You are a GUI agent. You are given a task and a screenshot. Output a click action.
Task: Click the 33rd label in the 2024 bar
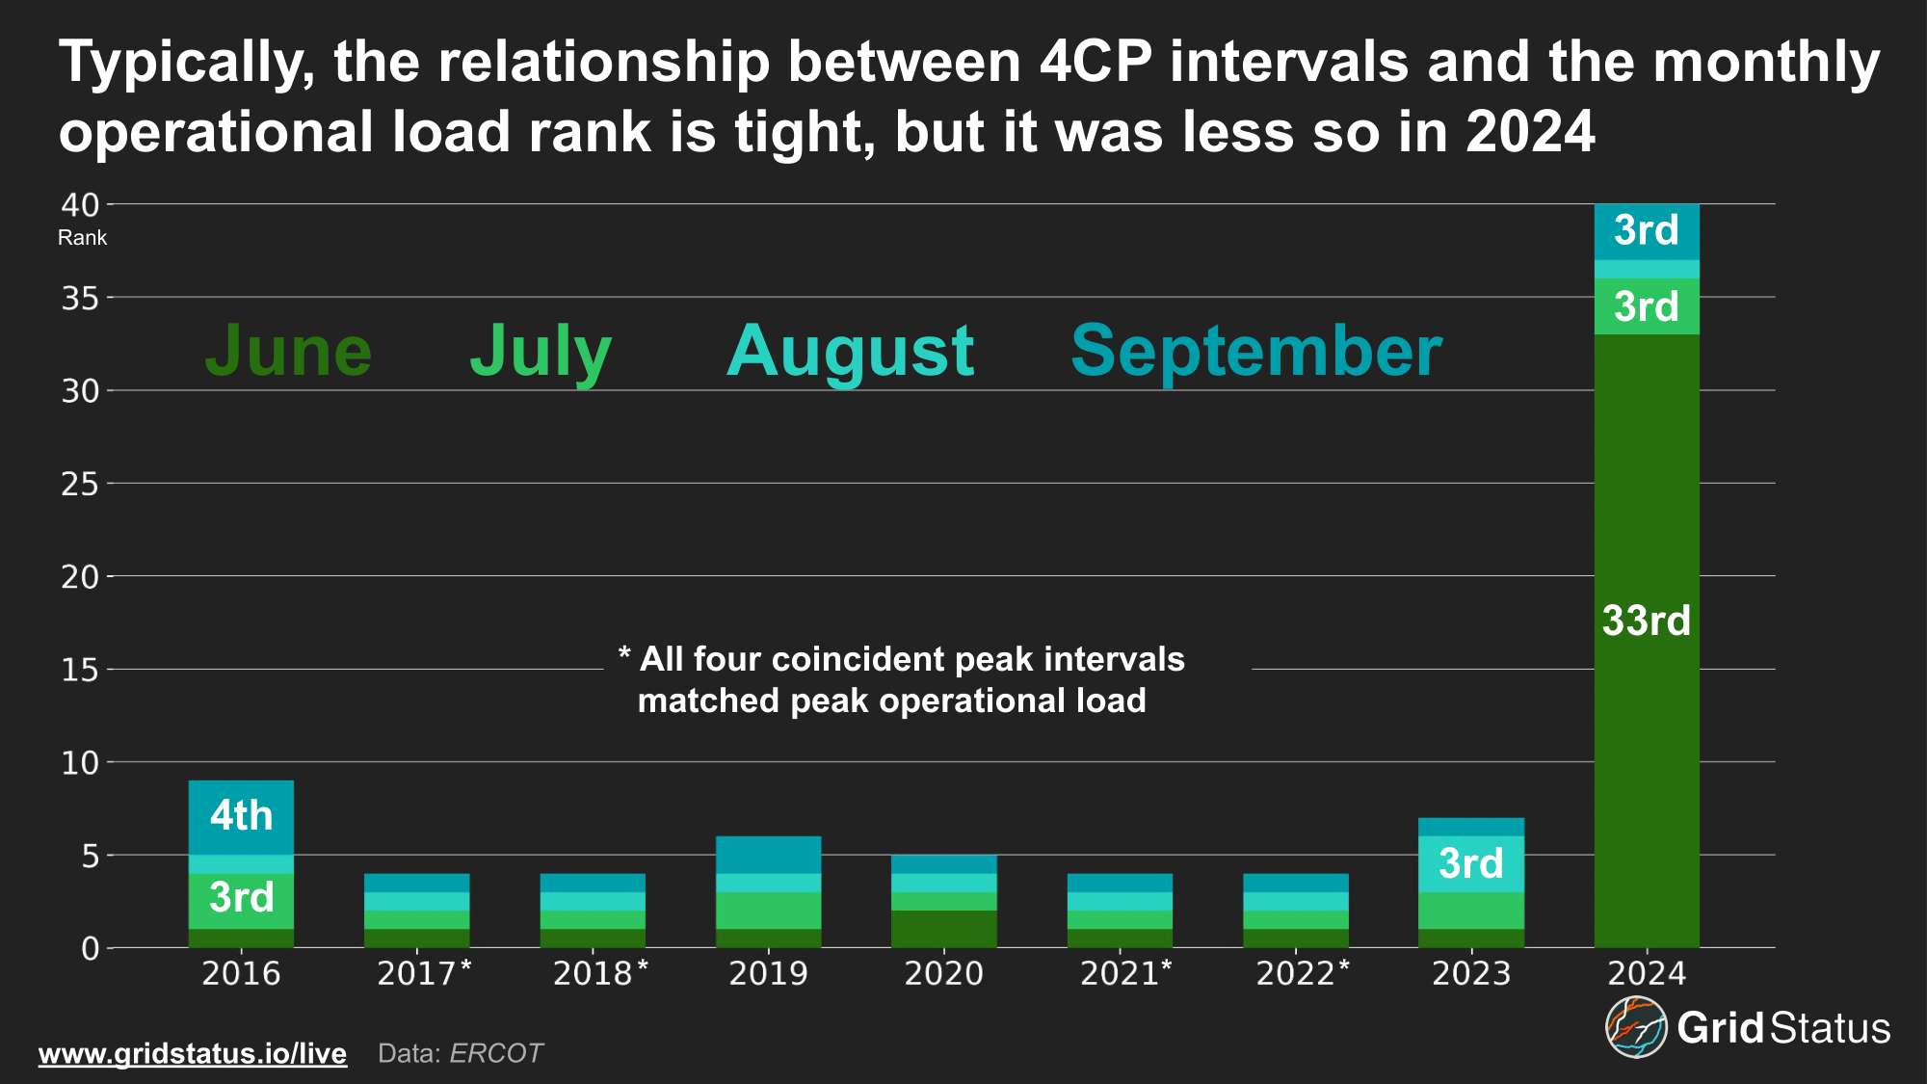tap(1646, 621)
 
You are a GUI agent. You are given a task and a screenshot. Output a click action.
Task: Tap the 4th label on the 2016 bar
tap(241, 816)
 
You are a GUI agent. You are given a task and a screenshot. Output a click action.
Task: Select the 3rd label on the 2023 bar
tap(1470, 863)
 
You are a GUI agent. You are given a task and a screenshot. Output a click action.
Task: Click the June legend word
tap(288, 351)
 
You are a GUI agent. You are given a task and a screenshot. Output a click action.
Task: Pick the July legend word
tap(541, 351)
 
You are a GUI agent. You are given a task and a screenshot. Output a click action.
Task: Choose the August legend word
tap(850, 351)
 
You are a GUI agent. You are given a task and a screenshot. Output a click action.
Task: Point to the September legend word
tap(1255, 351)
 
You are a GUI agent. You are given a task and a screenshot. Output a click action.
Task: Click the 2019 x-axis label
tap(768, 973)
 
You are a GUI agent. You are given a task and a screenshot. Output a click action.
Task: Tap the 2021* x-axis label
tap(1125, 973)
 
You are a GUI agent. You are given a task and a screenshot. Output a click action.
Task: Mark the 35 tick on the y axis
tap(80, 299)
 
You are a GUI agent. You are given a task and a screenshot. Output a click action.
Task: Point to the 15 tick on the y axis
tap(80, 670)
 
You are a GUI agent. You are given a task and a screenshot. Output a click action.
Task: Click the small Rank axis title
tap(82, 238)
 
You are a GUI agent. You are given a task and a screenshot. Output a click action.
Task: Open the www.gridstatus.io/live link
tap(192, 1053)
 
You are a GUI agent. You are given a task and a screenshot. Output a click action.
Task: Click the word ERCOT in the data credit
tap(496, 1053)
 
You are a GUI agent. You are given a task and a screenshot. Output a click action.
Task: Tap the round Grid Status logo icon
tap(1635, 1027)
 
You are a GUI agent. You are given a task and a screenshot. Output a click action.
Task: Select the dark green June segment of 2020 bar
tap(943, 929)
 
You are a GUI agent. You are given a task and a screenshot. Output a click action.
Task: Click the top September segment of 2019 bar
tap(768, 855)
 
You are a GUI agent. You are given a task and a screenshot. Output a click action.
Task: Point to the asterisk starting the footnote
tap(624, 655)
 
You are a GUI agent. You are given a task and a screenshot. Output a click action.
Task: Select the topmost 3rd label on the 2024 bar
tap(1646, 230)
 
